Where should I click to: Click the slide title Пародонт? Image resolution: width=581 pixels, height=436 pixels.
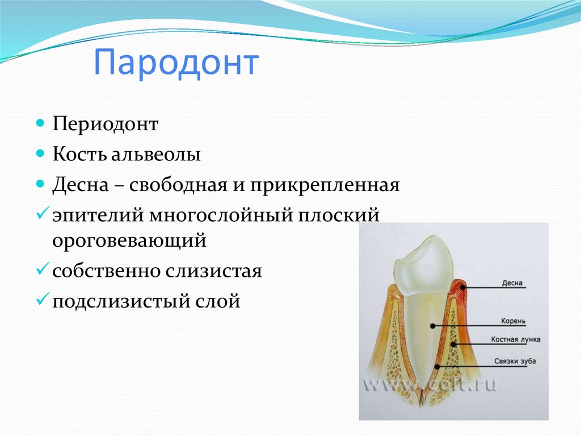pos(176,63)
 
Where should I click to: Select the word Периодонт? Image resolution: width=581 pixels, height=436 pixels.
pos(105,124)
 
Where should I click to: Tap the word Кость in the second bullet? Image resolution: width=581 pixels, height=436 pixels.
pos(79,153)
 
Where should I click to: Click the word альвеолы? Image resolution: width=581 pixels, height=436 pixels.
pos(156,154)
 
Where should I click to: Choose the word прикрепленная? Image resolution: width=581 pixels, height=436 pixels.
pos(325,185)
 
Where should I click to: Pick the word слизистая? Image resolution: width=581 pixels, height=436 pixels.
pos(213,271)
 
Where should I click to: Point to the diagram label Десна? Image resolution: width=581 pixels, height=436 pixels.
pos(512,283)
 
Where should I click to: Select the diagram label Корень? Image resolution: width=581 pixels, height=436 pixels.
pos(513,321)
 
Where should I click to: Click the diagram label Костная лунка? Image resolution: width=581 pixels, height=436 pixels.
pos(515,339)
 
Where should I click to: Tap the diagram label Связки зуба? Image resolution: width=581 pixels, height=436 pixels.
pos(515,361)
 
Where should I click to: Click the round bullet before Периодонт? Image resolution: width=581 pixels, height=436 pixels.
pos(40,123)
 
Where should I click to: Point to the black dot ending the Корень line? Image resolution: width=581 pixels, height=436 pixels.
pos(432,326)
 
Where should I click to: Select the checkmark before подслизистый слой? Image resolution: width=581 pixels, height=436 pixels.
pos(43,298)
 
